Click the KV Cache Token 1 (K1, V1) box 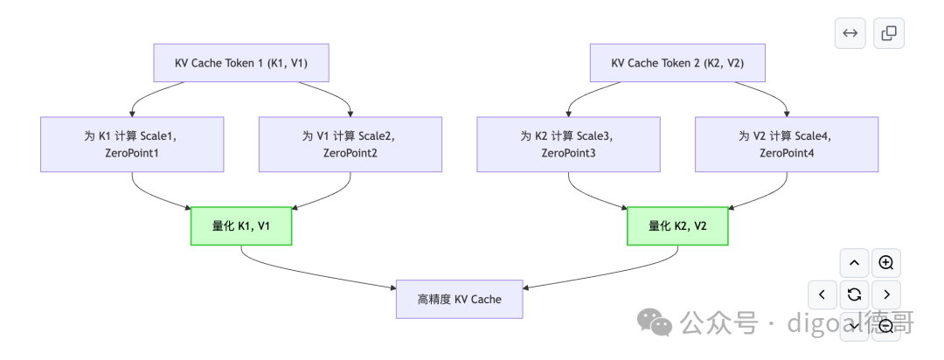[240, 63]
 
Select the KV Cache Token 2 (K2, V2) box [677, 63]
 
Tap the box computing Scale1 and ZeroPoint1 [132, 144]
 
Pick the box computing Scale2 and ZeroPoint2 [350, 144]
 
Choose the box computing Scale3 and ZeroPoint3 [568, 144]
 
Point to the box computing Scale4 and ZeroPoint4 [787, 144]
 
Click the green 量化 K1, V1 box [241, 225]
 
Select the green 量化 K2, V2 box [677, 225]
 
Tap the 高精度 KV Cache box [459, 299]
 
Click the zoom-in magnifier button [886, 263]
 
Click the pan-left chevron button [822, 294]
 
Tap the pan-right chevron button [886, 294]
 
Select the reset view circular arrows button [854, 294]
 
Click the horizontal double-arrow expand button [850, 33]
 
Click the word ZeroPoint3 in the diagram [568, 154]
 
